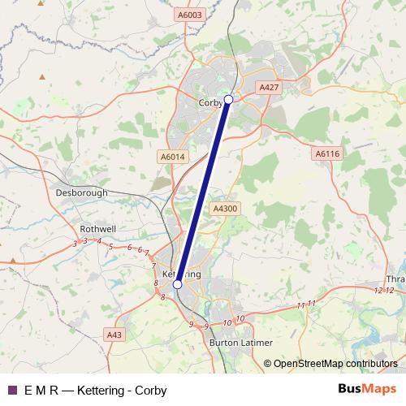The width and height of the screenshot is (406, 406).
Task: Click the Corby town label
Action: [x=210, y=103]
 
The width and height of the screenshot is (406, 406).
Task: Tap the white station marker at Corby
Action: [x=228, y=99]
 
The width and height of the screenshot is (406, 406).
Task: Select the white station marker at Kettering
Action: [x=177, y=285]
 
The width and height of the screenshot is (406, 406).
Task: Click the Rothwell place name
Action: [x=98, y=229]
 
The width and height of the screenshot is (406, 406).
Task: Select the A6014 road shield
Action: [x=172, y=157]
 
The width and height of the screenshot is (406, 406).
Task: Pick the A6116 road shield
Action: [x=326, y=153]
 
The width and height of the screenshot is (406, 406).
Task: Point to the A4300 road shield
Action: [x=224, y=209]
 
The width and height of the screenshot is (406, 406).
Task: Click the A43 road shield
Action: [x=114, y=335]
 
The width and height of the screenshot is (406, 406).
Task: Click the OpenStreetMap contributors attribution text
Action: [x=335, y=364]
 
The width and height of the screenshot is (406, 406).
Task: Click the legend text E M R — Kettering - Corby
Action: [x=96, y=391]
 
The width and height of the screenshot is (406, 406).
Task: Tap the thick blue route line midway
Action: [x=203, y=192]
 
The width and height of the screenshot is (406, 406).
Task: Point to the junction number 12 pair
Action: [x=383, y=290]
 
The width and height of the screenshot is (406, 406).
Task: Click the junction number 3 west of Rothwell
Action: [x=74, y=243]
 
